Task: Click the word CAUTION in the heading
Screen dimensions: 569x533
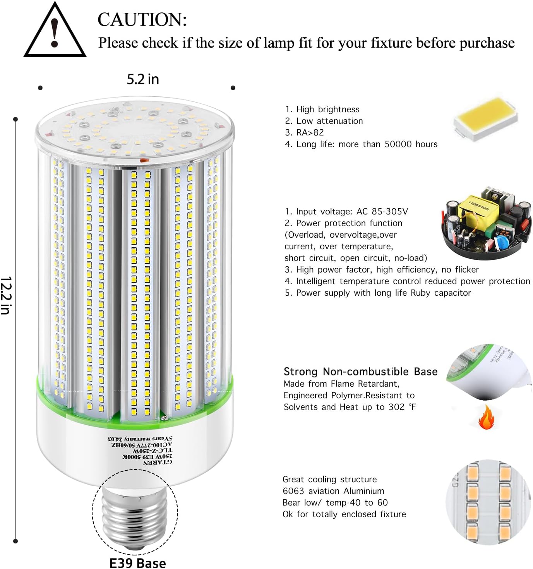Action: pos(142,20)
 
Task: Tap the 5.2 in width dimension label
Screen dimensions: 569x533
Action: pos(143,79)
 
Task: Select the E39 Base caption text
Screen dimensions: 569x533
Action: pos(138,563)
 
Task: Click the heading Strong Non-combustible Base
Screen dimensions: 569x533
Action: pos(360,372)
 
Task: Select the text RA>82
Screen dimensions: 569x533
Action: pos(310,132)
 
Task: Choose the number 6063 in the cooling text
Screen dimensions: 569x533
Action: pos(293,491)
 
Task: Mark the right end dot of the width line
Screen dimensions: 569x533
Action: pos(233,88)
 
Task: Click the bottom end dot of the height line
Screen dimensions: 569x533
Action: pos(15,541)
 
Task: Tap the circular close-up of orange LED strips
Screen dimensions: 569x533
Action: pos(488,502)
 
